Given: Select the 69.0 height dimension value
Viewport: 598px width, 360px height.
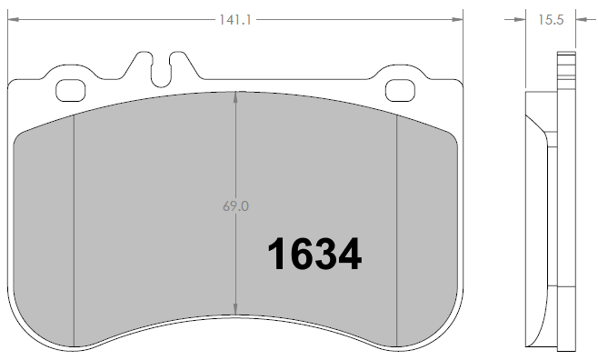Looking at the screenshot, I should (235, 206).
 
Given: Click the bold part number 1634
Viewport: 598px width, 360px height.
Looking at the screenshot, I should (314, 255).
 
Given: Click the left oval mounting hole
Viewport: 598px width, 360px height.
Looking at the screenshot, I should (72, 91).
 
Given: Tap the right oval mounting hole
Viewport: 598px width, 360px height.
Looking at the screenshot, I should (400, 91).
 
